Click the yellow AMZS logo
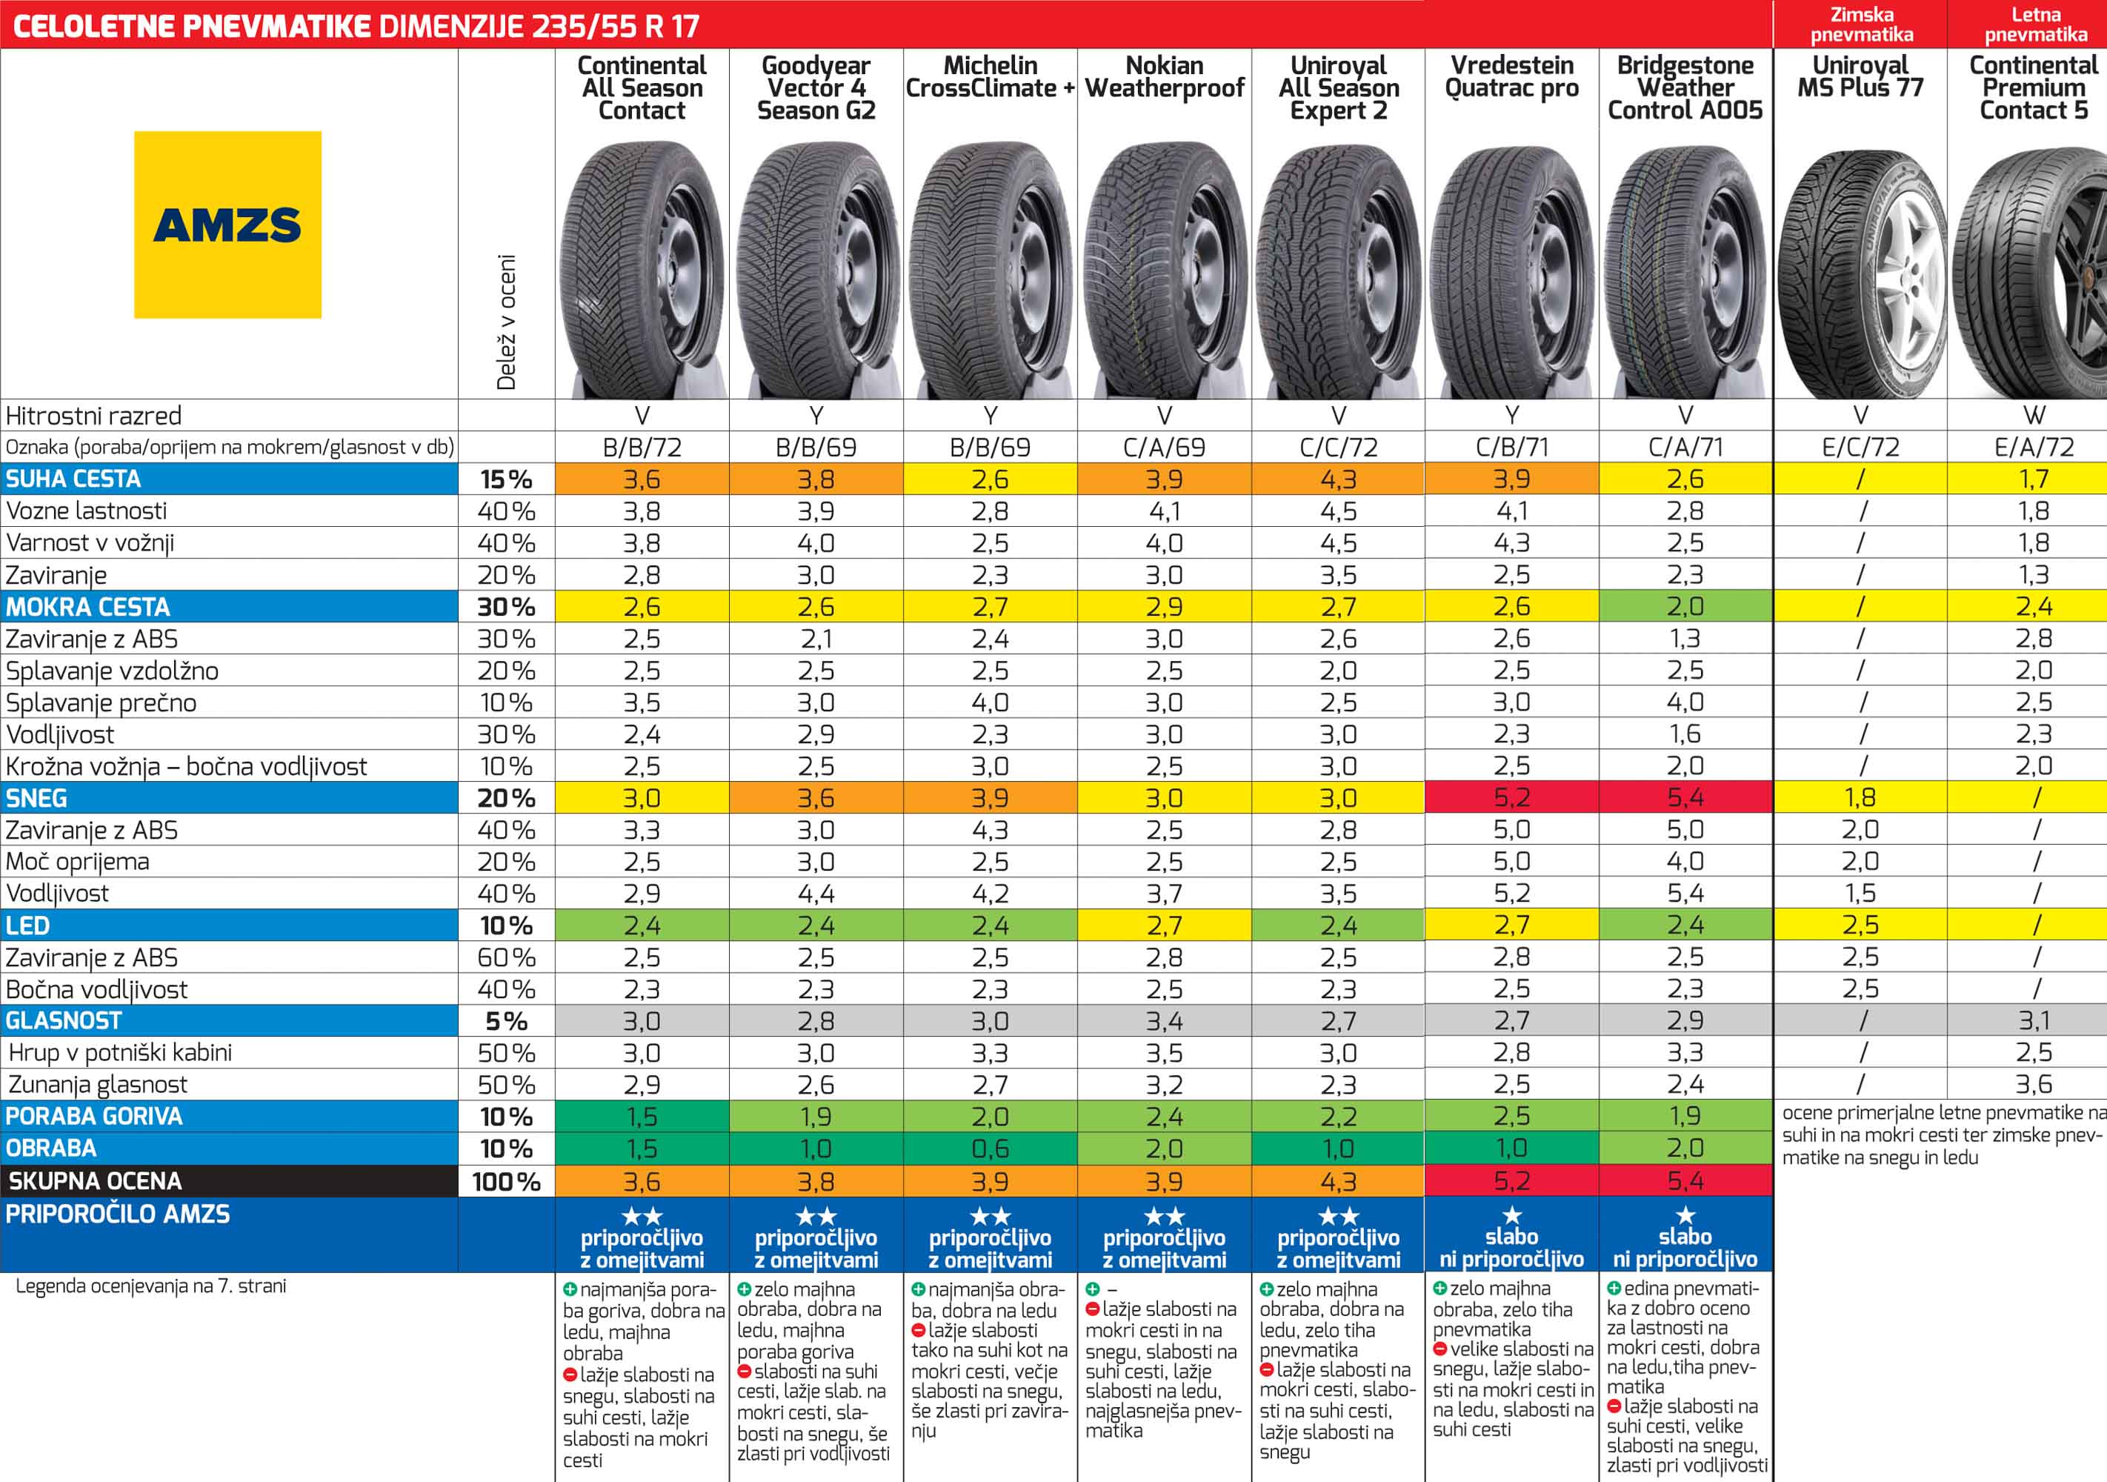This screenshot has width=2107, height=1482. (227, 225)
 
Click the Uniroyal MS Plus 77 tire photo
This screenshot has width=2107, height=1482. (1860, 276)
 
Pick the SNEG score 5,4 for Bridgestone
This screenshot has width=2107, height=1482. (1685, 797)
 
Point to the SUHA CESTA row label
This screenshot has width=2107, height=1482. (73, 479)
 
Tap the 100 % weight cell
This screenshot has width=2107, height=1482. (506, 1181)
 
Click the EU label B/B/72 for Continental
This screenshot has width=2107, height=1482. (642, 447)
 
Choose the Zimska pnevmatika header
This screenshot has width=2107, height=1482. (1861, 24)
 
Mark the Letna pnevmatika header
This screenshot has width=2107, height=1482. (2035, 24)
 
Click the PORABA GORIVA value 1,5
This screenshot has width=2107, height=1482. (642, 1116)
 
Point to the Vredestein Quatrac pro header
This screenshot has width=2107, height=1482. (1511, 77)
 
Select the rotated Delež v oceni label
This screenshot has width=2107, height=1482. (506, 321)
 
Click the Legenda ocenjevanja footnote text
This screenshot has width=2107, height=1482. (150, 1286)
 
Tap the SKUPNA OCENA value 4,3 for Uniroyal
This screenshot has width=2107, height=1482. (1338, 1181)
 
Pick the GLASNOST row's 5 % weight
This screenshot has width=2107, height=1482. (506, 1020)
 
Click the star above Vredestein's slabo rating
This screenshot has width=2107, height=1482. (1511, 1216)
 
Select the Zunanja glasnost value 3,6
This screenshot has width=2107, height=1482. (2034, 1084)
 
